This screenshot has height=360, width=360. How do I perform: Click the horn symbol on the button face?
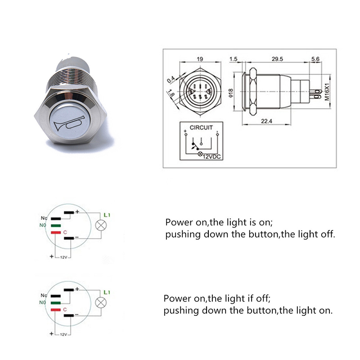tap(69, 123)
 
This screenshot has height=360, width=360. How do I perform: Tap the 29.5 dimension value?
tap(277, 59)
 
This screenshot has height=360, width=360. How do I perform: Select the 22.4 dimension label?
tap(266, 121)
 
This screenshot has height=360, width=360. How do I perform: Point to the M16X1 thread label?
tap(327, 92)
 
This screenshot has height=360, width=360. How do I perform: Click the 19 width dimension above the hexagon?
tap(200, 59)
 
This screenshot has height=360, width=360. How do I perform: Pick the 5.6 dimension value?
tap(315, 59)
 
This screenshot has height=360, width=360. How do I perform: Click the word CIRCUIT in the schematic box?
tap(201, 127)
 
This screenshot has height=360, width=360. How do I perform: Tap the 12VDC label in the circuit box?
tap(211, 157)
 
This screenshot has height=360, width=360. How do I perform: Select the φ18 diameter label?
tap(231, 93)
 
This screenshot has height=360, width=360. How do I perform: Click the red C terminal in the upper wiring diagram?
tap(56, 232)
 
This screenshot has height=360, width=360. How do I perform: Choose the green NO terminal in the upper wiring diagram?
tap(56, 226)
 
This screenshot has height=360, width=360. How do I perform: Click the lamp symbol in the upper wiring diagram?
tap(101, 226)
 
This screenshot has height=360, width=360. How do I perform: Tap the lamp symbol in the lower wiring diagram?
tap(101, 303)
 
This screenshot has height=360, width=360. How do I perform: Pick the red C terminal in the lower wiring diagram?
tap(56, 310)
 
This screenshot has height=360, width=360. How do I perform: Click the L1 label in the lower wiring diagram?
tap(107, 292)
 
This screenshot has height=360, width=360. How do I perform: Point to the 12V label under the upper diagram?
tap(63, 257)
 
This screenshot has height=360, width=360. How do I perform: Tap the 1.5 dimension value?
tap(233, 59)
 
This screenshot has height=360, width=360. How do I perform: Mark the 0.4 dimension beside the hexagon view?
tap(171, 80)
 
